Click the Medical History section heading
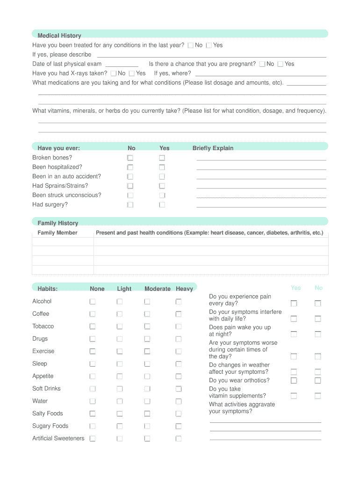(x=59, y=36)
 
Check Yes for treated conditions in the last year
(x=209, y=45)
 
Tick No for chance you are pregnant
(x=262, y=64)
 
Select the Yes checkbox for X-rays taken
(x=132, y=73)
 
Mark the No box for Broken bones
(x=130, y=158)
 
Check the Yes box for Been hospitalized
(x=162, y=167)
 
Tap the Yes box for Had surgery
(x=162, y=205)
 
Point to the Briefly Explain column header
(x=213, y=148)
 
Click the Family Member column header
(x=58, y=232)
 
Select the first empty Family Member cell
(x=63, y=242)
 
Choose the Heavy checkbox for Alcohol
(x=179, y=302)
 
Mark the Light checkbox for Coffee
(x=120, y=314)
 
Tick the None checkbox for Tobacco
(x=93, y=327)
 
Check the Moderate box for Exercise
(x=147, y=351)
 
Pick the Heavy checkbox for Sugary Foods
(x=179, y=426)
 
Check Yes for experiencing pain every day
(x=294, y=304)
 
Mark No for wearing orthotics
(x=318, y=381)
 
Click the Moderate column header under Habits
(x=158, y=289)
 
